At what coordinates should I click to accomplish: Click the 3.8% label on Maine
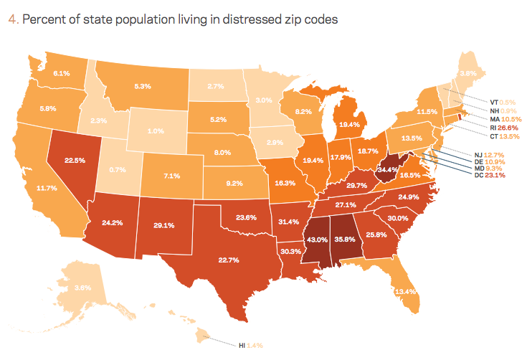point(467,72)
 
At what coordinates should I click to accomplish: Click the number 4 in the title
point(11,19)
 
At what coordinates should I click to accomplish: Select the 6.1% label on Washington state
point(62,72)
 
